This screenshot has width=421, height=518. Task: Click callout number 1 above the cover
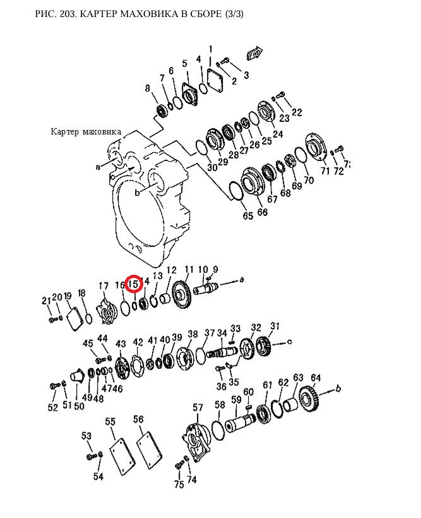tap(210, 49)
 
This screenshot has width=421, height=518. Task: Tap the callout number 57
tap(198, 407)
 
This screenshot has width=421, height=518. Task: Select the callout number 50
tap(79, 406)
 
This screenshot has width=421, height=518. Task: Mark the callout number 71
tap(325, 171)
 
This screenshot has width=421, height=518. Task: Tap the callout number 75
tap(179, 485)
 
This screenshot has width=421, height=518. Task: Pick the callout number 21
tap(45, 300)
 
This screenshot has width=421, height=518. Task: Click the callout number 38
tap(193, 334)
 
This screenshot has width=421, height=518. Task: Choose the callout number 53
tap(86, 436)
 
